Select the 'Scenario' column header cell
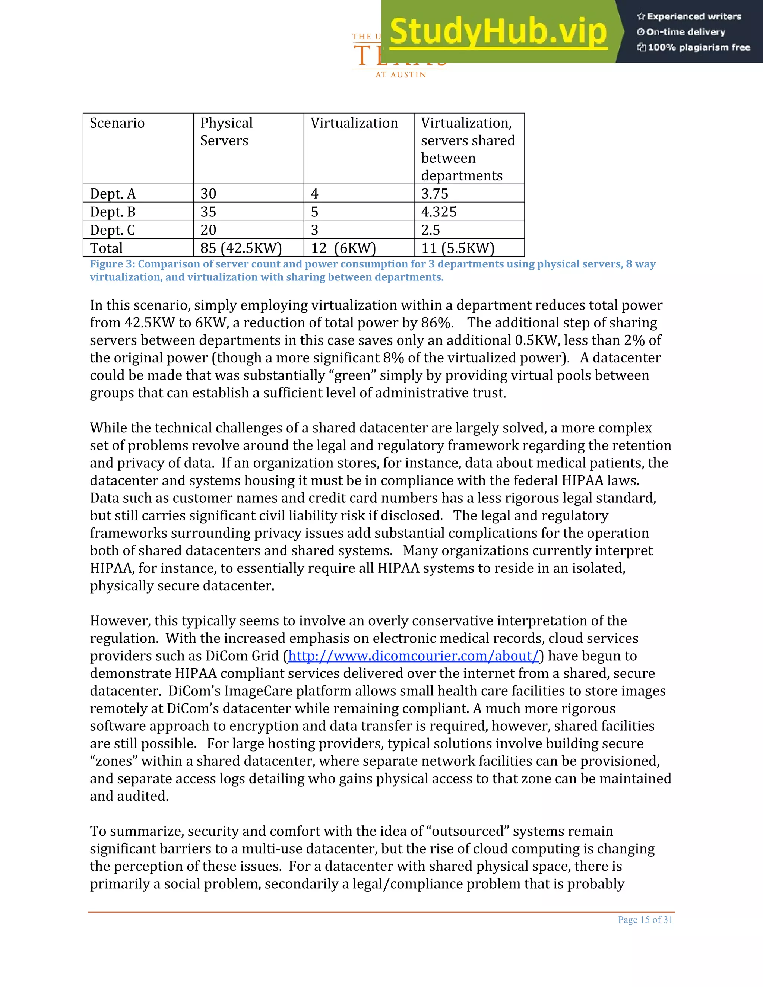coord(117,123)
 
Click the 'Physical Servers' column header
coord(226,131)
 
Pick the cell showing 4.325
coord(439,212)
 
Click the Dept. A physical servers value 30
coord(208,193)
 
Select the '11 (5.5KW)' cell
coord(458,248)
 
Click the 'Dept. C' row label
coord(112,230)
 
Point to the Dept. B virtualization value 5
coord(314,212)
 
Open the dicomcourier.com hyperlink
coord(414,656)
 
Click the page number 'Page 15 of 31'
coord(645,920)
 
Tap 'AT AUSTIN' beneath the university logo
coord(401,75)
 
